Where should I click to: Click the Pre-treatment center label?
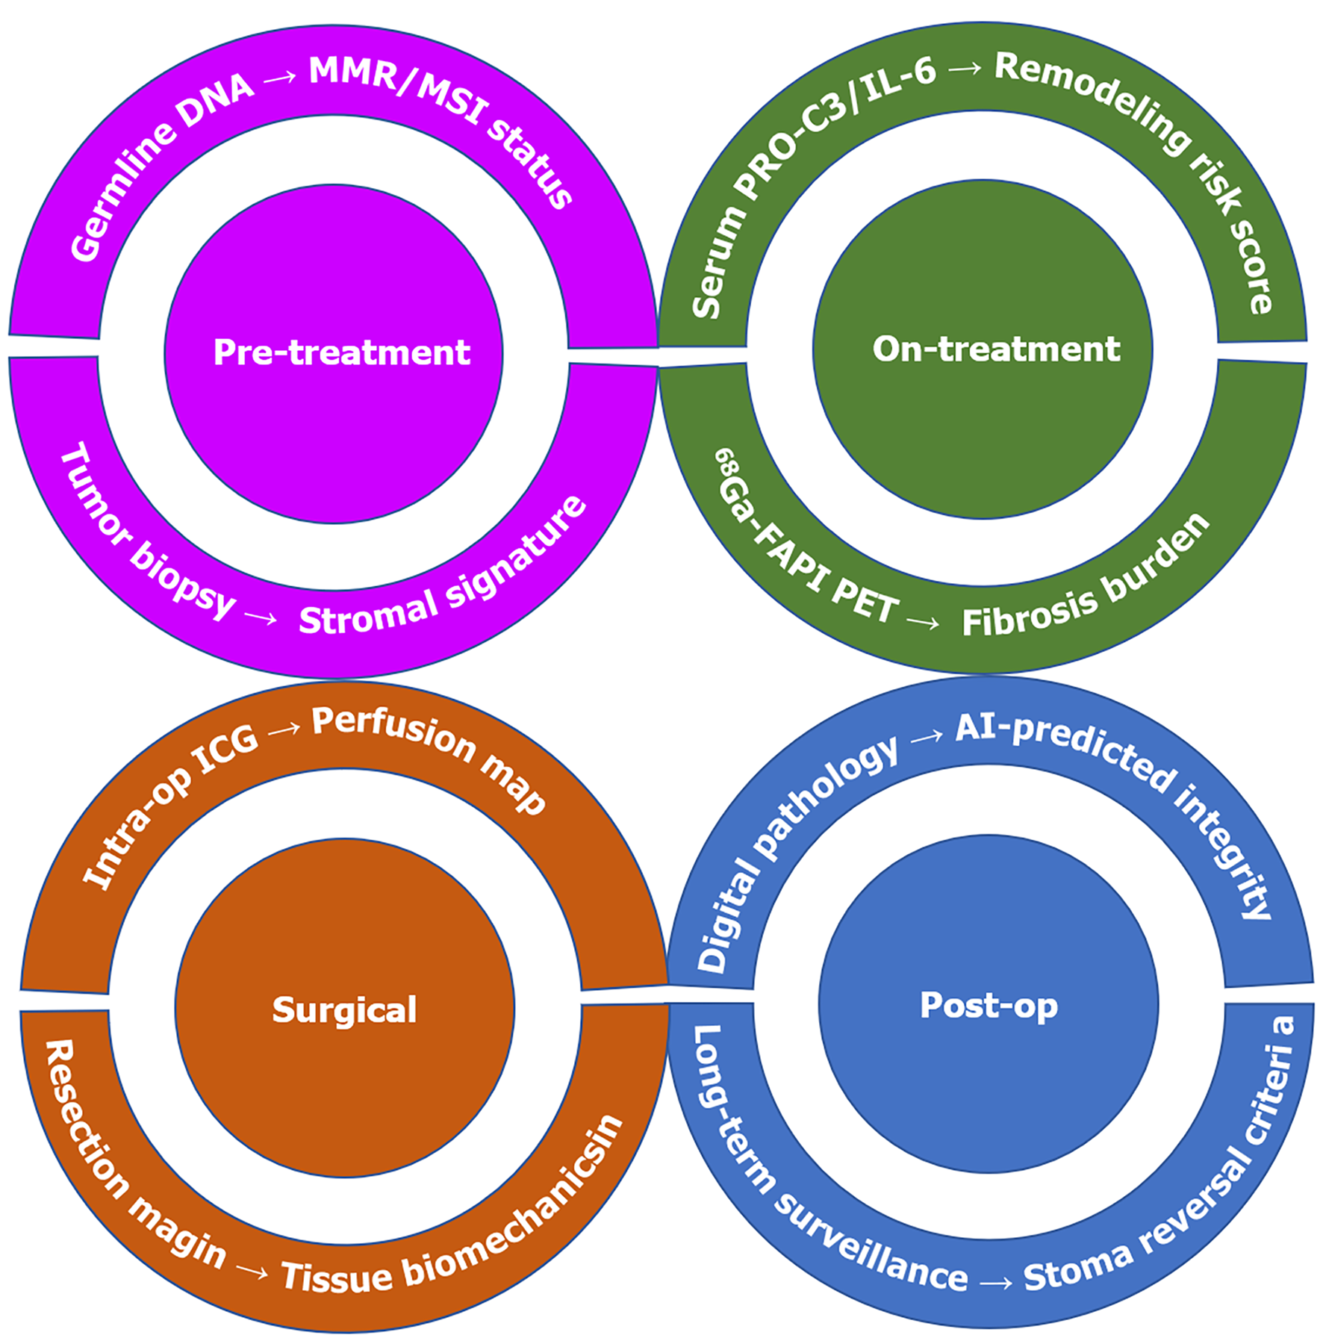pos(341,352)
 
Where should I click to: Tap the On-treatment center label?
pos(996,349)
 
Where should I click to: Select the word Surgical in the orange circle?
pos(344,1010)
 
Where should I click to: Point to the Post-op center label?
pos(989,1005)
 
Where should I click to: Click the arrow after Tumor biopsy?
pos(261,617)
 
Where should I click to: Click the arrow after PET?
pos(923,621)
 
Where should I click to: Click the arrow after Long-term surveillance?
pos(996,1283)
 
